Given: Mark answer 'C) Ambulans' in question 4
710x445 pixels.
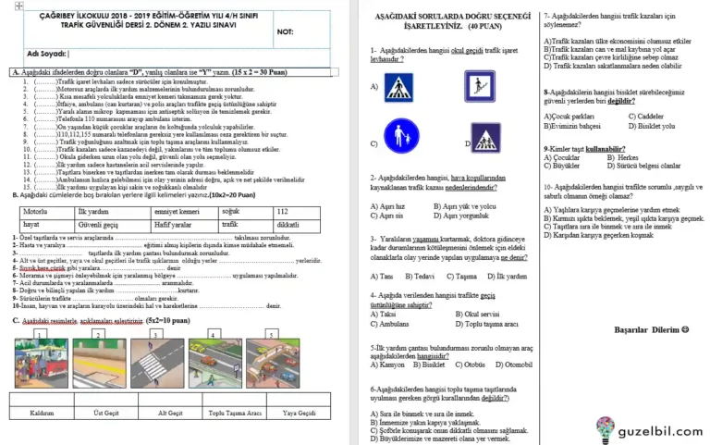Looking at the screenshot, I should [394, 324].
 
